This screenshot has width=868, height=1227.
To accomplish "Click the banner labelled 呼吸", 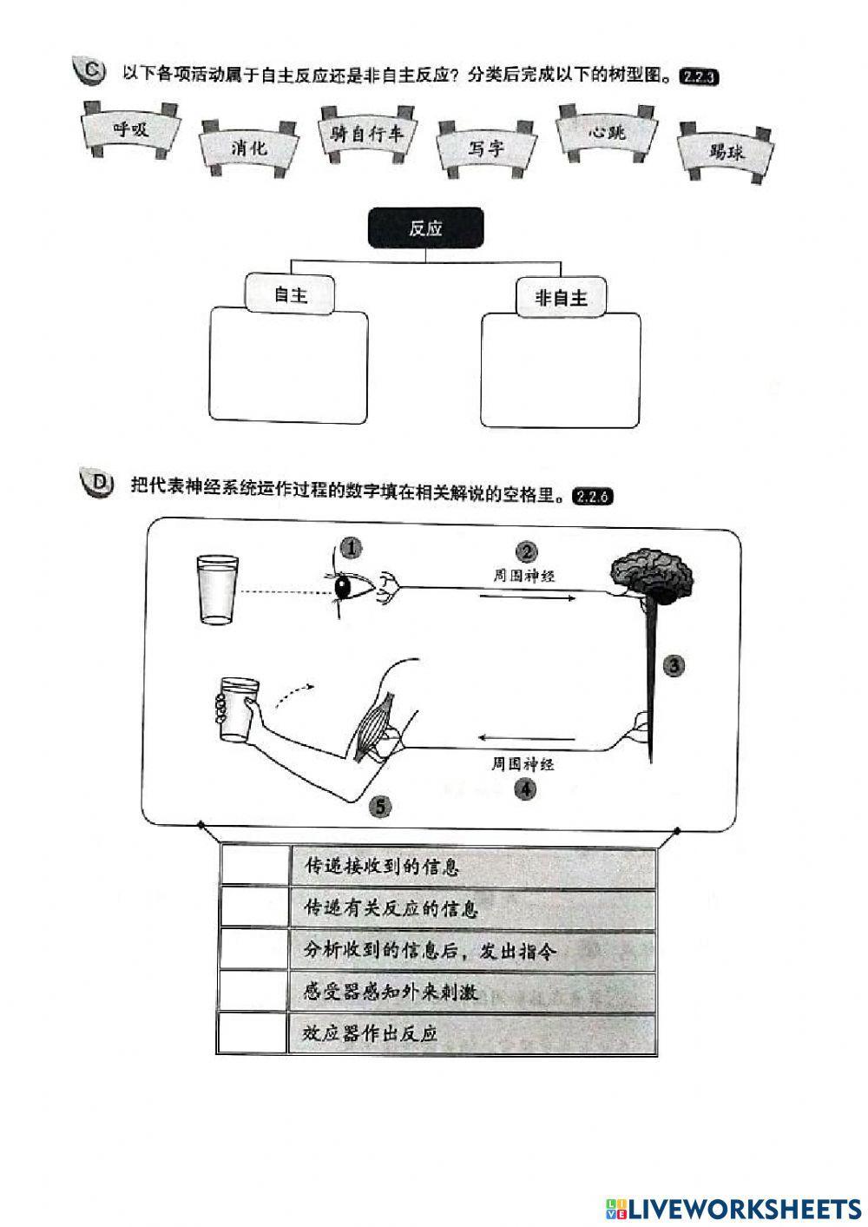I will click(131, 129).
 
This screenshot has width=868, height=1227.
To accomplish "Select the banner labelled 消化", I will click(249, 148).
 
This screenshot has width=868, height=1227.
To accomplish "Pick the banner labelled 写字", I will click(486, 148).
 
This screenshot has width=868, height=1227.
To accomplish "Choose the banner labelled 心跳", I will click(606, 133).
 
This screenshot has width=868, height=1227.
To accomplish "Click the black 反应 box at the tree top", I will click(425, 228).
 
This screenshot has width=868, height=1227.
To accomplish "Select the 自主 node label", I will click(291, 294).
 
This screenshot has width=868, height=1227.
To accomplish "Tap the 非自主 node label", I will click(561, 298).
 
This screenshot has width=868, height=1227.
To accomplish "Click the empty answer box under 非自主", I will click(561, 371).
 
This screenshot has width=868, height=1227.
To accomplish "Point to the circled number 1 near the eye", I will click(351, 548).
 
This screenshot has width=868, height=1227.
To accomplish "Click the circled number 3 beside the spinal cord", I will click(673, 666).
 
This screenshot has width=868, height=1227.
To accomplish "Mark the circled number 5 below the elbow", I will click(379, 807).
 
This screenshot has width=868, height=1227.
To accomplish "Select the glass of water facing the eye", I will click(215, 590).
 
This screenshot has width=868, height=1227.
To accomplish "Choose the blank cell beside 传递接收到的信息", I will click(254, 865).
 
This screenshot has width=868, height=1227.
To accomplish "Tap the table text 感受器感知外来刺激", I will click(390, 991).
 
